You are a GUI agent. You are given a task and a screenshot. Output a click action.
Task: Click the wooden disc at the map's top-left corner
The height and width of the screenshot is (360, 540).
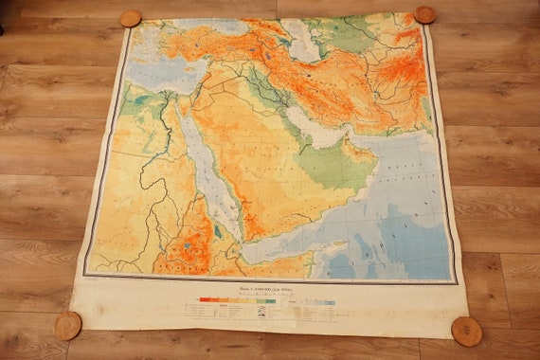click(x=130, y=19)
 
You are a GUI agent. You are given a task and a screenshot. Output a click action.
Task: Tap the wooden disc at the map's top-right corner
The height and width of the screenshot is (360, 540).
click(x=424, y=15)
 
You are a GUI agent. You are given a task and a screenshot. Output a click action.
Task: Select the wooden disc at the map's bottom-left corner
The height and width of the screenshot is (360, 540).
click(x=67, y=325)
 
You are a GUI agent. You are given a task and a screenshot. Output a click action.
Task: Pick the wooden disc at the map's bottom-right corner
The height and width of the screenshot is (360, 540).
click(x=466, y=331)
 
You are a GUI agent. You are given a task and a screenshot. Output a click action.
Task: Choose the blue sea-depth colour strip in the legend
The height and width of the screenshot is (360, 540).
click(x=313, y=303)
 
